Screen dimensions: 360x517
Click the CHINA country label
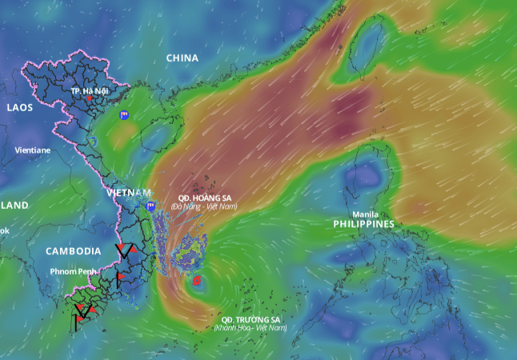[182, 58]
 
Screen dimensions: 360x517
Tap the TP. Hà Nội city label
[89, 91]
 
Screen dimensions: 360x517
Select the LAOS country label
[20, 107]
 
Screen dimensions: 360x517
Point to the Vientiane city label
[32, 150]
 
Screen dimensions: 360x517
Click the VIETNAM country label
[128, 193]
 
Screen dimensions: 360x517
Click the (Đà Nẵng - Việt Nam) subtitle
[204, 206]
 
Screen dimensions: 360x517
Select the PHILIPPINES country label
[364, 225]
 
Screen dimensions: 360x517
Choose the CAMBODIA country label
[73, 250]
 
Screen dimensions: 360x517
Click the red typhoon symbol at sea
[197, 282]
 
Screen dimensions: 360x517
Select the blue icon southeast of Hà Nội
[124, 115]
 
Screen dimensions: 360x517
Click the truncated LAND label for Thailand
[14, 206]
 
